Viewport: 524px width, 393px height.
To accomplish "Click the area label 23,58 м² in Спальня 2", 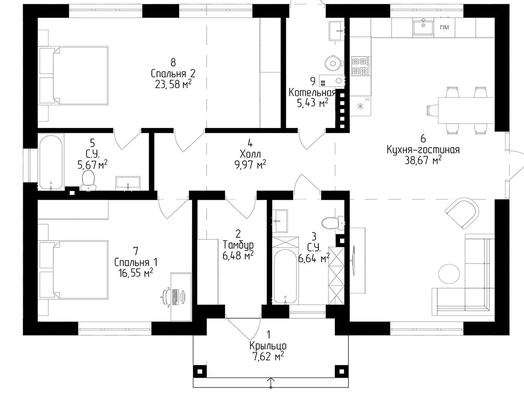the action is [x=173, y=84].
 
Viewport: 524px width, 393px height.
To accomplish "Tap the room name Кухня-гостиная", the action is [x=423, y=150].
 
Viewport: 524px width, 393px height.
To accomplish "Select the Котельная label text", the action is [x=312, y=92].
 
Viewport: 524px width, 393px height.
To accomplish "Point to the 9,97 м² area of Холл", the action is [x=250, y=164].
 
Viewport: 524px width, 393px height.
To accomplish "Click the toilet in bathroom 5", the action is [x=88, y=180].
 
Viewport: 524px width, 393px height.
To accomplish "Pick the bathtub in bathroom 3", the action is [x=285, y=277].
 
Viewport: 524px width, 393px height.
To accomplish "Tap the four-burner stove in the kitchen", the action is [x=360, y=66].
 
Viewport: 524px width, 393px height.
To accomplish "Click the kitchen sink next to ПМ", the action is [x=423, y=27].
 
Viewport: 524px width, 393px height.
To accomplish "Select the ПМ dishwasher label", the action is [x=444, y=27].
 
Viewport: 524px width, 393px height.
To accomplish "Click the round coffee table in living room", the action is [x=449, y=274].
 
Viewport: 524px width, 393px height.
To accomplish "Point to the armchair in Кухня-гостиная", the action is [x=462, y=213].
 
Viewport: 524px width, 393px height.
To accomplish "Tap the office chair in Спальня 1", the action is [x=166, y=297].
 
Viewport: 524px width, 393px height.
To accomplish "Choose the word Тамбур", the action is [x=238, y=245].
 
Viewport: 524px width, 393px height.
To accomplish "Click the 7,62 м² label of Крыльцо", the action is [x=268, y=357].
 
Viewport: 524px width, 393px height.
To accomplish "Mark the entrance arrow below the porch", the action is [x=271, y=383].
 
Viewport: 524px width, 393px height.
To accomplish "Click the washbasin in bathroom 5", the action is [x=128, y=183].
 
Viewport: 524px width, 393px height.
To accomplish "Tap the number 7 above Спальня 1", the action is [x=136, y=251].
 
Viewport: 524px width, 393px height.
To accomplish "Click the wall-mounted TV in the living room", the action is [x=354, y=260].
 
